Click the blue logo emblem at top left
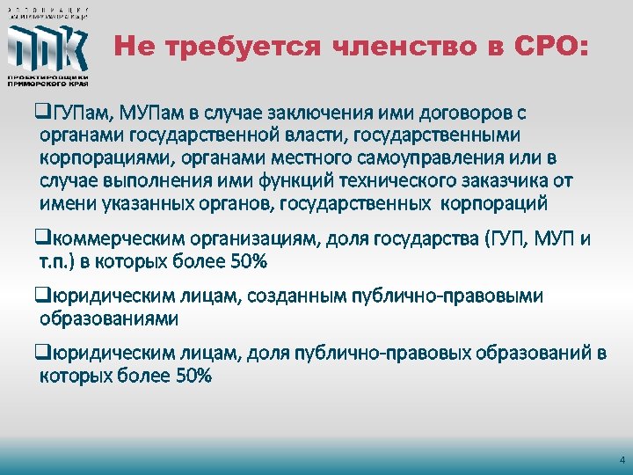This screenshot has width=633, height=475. (x=47, y=48)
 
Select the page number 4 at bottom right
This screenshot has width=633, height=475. (x=622, y=460)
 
